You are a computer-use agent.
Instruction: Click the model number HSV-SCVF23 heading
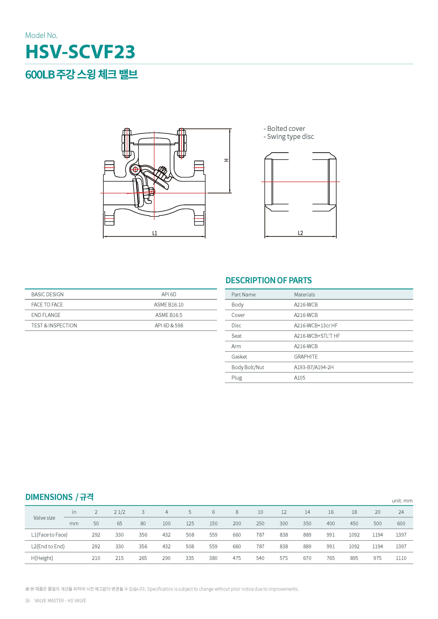[x=80, y=52]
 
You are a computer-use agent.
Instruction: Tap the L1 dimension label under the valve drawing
[x=154, y=233]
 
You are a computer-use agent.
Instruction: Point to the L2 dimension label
[x=300, y=233]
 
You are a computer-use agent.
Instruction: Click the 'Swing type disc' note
[x=290, y=137]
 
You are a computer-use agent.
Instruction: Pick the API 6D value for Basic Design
[x=169, y=294]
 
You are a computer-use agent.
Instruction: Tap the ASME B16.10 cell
[x=169, y=305]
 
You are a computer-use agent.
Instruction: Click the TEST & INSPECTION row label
[x=54, y=325]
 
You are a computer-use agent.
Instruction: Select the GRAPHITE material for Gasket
[x=306, y=357]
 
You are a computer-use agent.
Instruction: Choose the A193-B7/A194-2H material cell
[x=314, y=367]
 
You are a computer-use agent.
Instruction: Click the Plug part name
[x=237, y=378]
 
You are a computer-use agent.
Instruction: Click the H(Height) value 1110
[x=401, y=558]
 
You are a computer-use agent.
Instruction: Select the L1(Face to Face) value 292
[x=96, y=535]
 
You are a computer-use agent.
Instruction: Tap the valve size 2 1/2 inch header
[x=120, y=512]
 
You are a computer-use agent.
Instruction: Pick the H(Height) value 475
[x=237, y=558]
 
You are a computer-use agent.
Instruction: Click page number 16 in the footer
[x=27, y=600]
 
